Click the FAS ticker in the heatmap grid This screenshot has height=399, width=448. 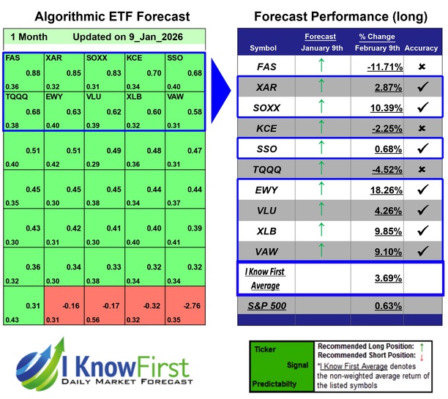[x=12, y=57]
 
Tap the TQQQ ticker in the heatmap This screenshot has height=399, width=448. [x=17, y=97]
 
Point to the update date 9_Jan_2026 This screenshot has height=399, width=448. [x=156, y=36]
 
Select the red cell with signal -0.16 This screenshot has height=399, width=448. [x=64, y=307]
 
